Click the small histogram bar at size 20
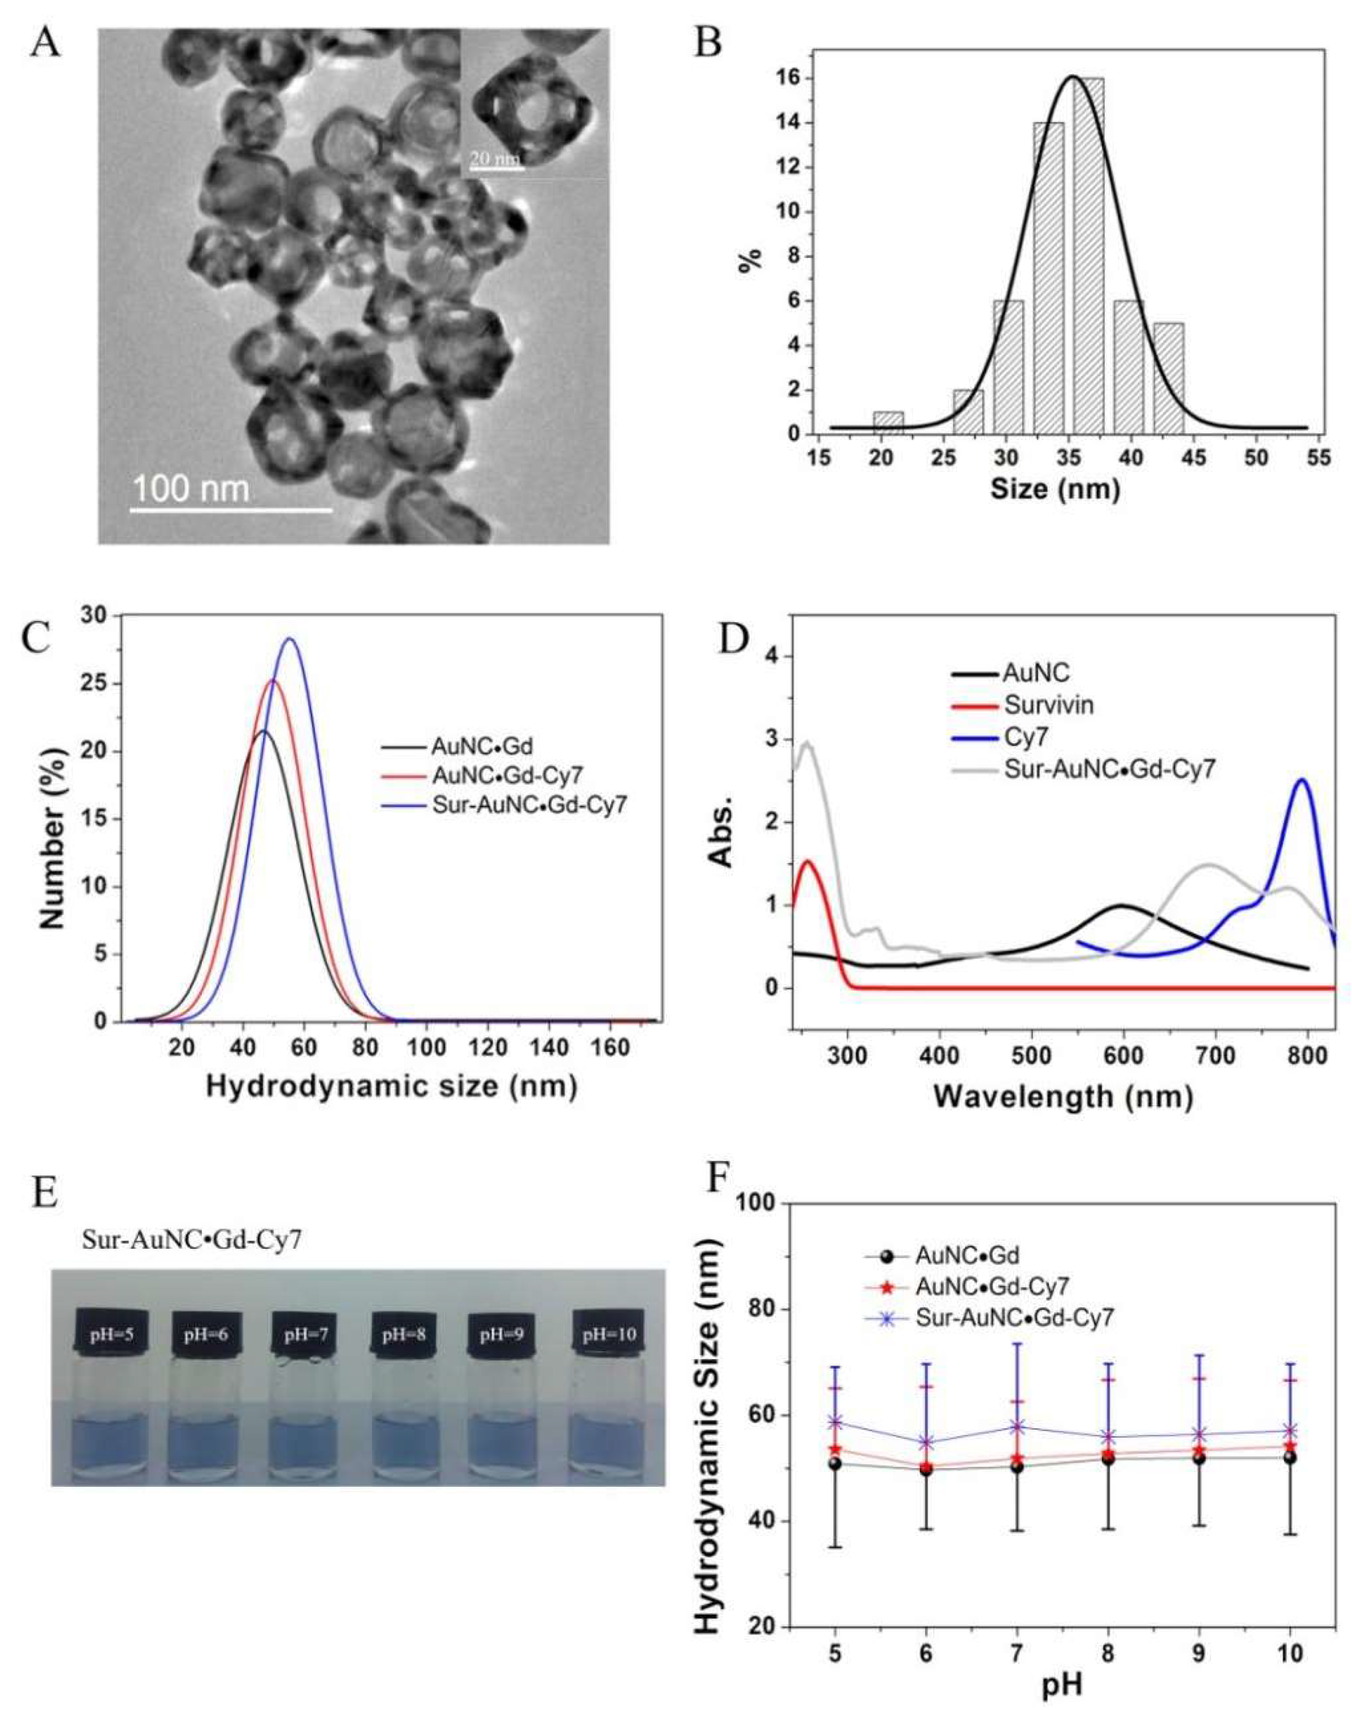(888, 423)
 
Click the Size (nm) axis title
(1054, 489)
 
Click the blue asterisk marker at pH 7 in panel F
(1017, 1427)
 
